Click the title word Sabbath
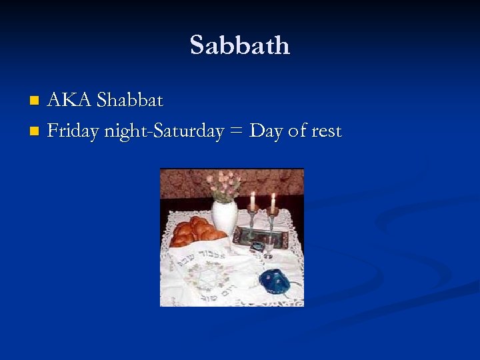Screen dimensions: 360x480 pyautogui.click(x=240, y=45)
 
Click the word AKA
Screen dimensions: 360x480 pyautogui.click(x=70, y=101)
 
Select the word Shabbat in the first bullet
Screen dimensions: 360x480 pyautogui.click(x=129, y=101)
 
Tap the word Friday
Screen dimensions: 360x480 pyautogui.click(x=73, y=131)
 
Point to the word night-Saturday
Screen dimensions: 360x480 pyautogui.click(x=163, y=132)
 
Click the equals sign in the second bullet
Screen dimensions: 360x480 pyautogui.click(x=236, y=132)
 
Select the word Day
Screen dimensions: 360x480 pyautogui.click(x=266, y=132)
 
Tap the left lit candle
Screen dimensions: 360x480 pyautogui.click(x=253, y=200)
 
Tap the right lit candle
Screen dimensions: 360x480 pyautogui.click(x=273, y=202)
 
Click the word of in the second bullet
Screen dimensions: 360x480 pyautogui.click(x=297, y=132)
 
